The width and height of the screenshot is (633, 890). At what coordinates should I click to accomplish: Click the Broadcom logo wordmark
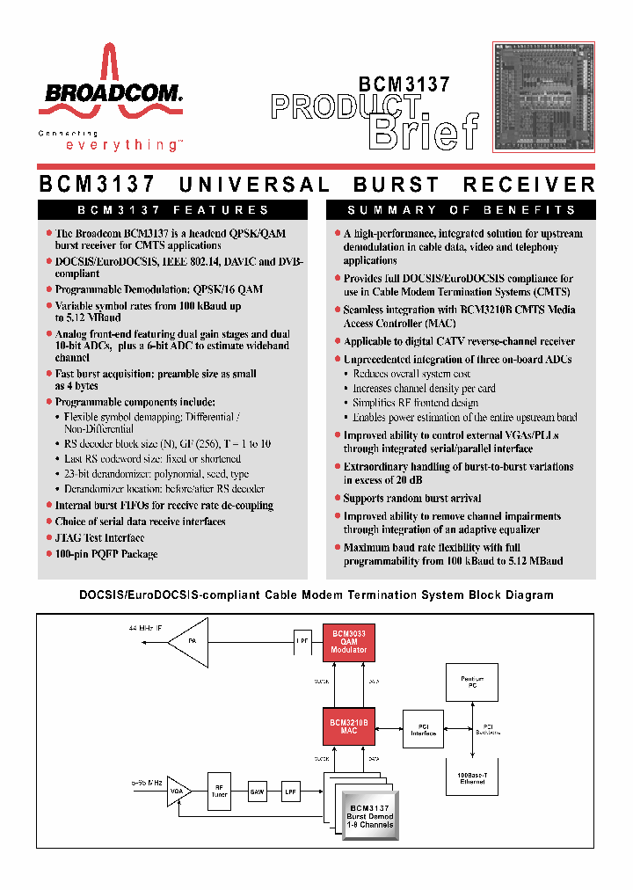pyautogui.click(x=109, y=94)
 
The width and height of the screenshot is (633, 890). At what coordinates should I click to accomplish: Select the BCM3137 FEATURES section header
pyautogui.click(x=173, y=210)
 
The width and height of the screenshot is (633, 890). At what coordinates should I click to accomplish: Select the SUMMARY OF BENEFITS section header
pyautogui.click(x=461, y=210)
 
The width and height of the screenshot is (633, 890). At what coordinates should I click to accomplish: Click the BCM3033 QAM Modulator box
pyautogui.click(x=349, y=641)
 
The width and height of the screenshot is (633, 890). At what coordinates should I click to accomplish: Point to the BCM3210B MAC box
pyautogui.click(x=349, y=726)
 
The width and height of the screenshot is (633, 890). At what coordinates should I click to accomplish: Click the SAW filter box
pyautogui.click(x=257, y=792)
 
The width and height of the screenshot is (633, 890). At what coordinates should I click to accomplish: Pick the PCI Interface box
pyautogui.click(x=423, y=730)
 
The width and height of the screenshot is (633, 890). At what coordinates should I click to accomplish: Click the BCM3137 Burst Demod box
pyautogui.click(x=369, y=816)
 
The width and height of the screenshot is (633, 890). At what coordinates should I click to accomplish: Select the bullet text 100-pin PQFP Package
pyautogui.click(x=106, y=554)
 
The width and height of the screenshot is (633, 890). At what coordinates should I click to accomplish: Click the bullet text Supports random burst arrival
pyautogui.click(x=411, y=498)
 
